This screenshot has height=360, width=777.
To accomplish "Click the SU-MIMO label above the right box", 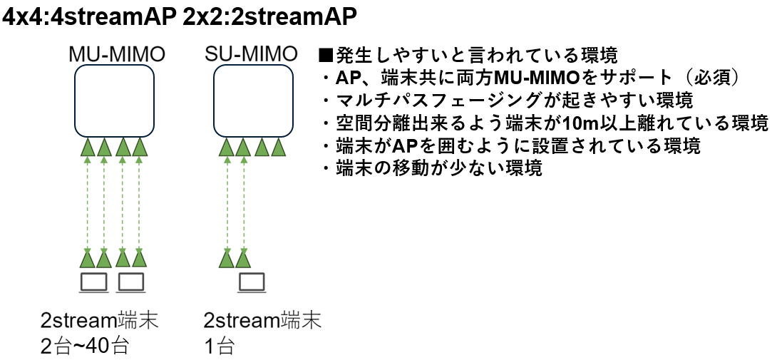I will [250, 54].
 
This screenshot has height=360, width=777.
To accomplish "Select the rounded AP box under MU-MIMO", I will [115, 101].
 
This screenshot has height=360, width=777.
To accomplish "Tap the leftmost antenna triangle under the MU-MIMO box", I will [88, 147].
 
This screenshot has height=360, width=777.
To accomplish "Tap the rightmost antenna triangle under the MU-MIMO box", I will [140, 147].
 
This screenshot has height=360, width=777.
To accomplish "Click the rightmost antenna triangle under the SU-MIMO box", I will [279, 147].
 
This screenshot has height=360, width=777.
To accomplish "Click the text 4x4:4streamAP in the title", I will [88, 17].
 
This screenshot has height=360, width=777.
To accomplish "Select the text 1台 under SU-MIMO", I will [219, 347].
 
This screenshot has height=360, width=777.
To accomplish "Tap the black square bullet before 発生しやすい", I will [327, 55].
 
